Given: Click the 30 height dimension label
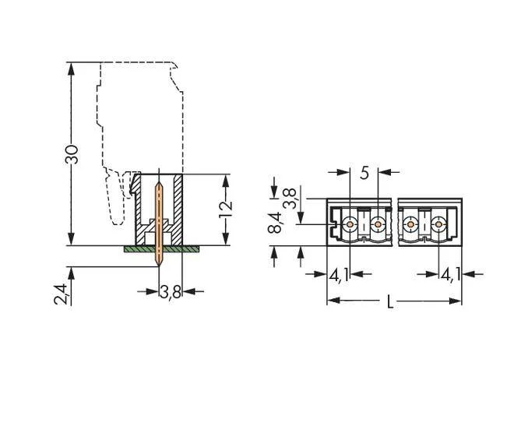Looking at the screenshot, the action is (x=72, y=154).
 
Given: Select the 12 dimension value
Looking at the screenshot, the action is (x=226, y=209).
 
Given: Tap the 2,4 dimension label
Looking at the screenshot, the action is (x=61, y=294).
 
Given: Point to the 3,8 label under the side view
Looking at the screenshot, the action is (x=171, y=293).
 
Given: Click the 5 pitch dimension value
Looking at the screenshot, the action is (x=364, y=173).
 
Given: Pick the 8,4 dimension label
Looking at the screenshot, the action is (x=275, y=223).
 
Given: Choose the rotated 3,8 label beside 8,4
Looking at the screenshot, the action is (x=290, y=199).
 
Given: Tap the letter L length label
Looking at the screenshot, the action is (x=390, y=302).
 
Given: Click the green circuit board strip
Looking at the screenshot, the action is (x=161, y=249).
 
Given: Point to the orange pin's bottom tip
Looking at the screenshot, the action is (x=159, y=266).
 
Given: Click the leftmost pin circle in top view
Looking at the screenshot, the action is (x=350, y=224).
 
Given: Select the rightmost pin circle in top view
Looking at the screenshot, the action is (x=438, y=224).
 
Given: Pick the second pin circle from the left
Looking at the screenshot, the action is (x=378, y=224).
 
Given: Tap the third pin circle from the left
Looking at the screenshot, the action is (x=410, y=224).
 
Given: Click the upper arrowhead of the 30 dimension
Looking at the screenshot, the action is (x=71, y=69).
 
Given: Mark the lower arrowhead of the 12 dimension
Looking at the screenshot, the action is (x=226, y=239).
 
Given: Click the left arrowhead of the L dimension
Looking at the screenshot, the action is (x=334, y=301).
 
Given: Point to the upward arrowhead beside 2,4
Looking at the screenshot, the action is (x=71, y=273).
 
